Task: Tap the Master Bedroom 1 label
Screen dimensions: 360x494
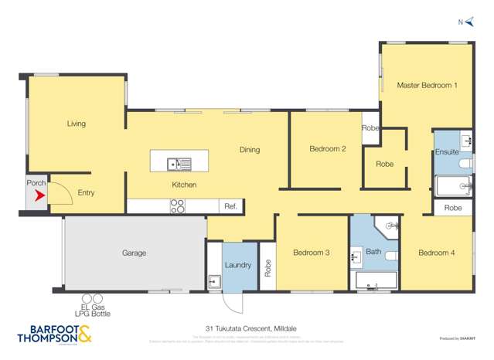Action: [427, 85]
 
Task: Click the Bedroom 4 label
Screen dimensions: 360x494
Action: [437, 252]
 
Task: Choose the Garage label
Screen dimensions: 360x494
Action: [134, 253]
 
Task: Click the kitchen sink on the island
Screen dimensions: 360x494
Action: [179, 163]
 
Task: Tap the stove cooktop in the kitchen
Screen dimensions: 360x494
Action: [177, 206]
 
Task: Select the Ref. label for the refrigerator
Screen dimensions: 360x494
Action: [230, 206]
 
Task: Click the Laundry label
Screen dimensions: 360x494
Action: [238, 265]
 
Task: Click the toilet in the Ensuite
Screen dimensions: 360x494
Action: [465, 165]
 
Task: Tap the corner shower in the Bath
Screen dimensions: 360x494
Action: [388, 226]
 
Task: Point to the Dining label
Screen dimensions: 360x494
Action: [249, 150]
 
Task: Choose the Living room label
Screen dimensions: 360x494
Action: [76, 124]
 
